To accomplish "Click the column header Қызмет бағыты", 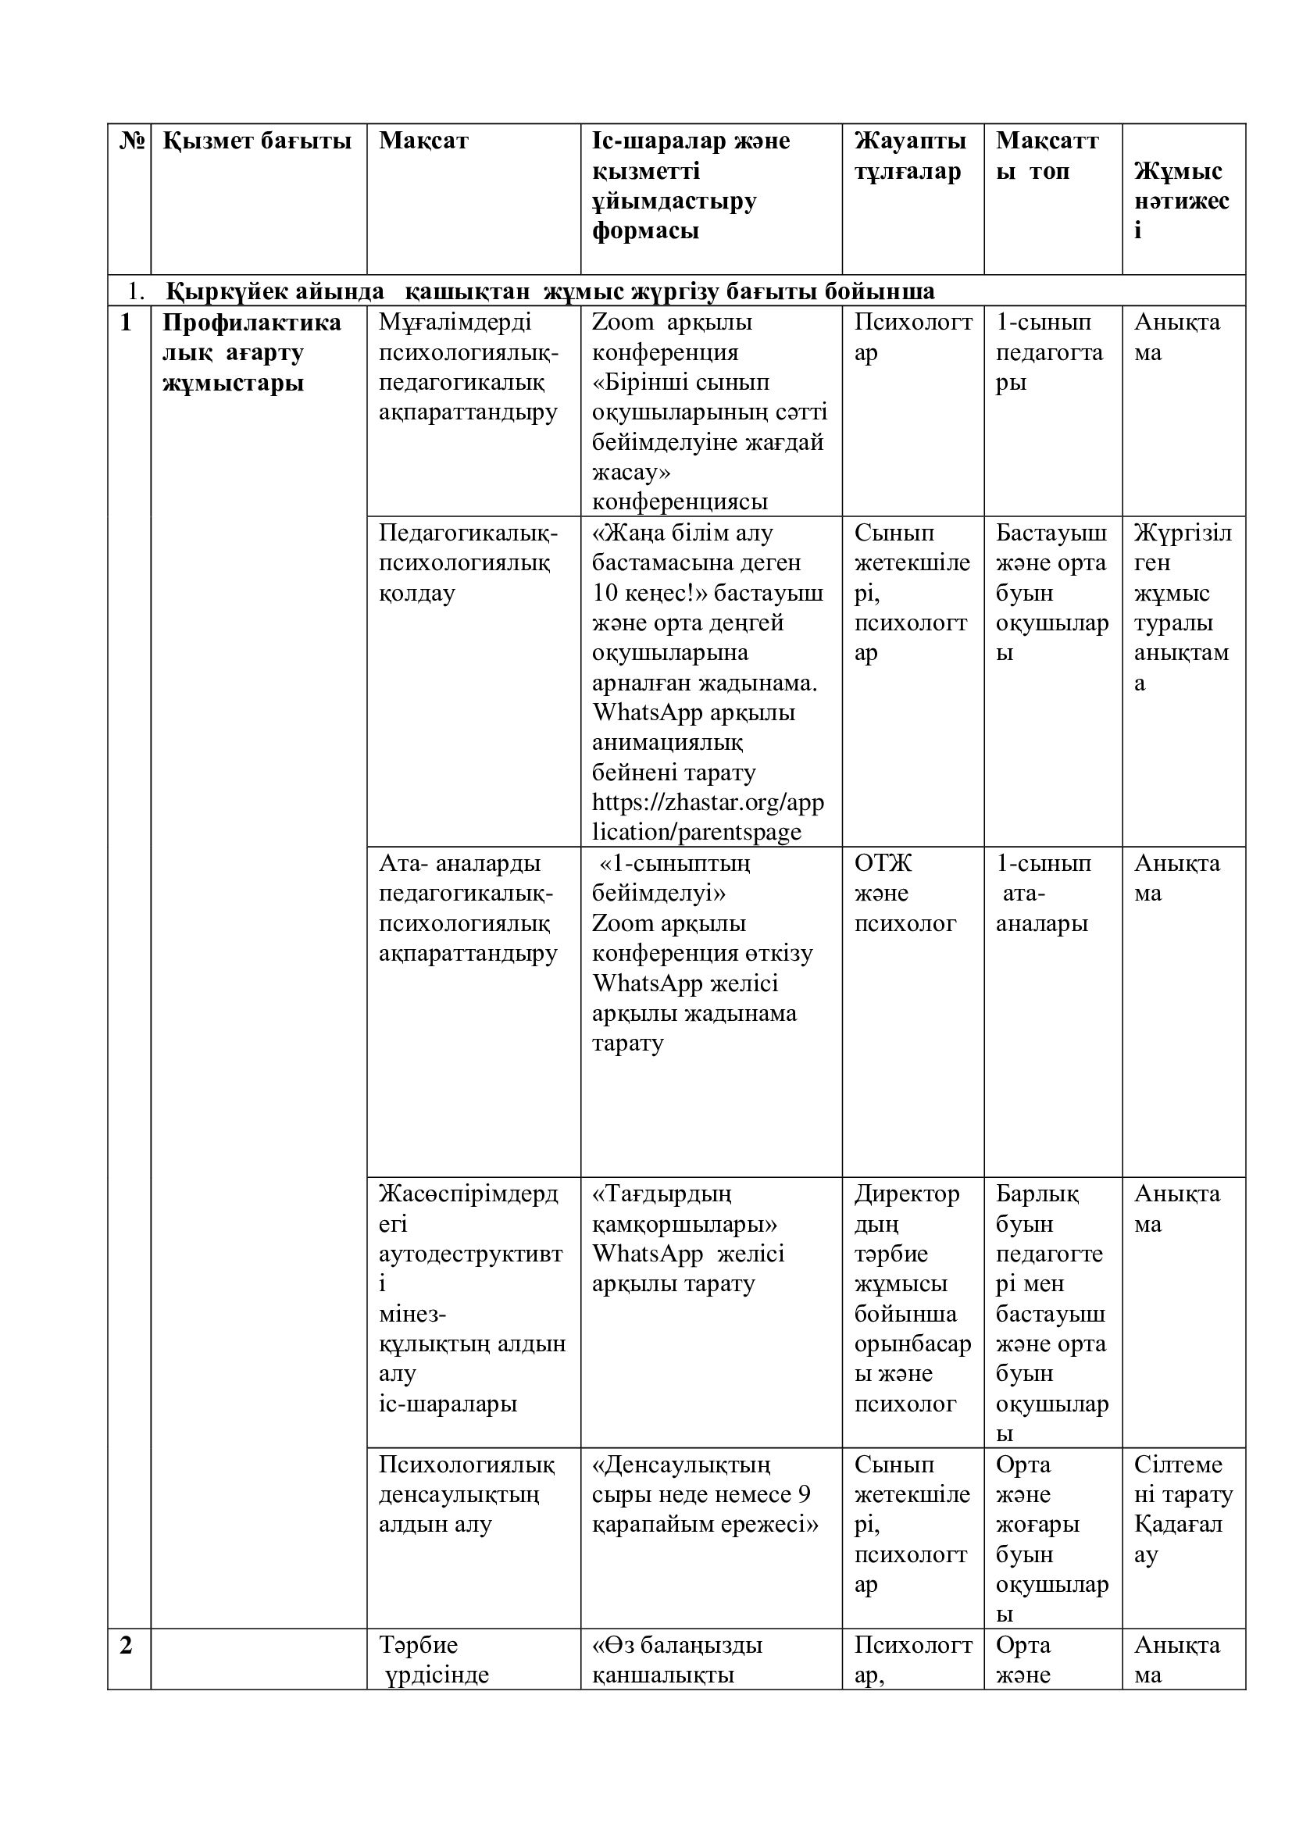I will tap(257, 141).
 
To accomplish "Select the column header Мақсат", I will tap(423, 141).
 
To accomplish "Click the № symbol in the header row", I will tap(133, 141).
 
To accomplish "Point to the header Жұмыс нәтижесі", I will tap(1180, 201).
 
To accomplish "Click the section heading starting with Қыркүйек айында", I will tap(550, 292).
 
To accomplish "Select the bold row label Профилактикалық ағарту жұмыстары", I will tap(251, 352).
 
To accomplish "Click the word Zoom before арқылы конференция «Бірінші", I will tap(621, 323).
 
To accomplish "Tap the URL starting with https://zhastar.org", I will tap(707, 817).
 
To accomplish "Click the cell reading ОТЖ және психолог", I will tap(905, 893).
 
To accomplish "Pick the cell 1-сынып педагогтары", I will tap(1048, 352).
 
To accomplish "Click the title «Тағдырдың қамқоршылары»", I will tap(684, 1208).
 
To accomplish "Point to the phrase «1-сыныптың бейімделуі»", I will tap(671, 878).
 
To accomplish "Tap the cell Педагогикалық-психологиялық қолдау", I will tap(468, 562).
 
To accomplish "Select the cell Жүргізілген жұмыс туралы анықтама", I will tap(1181, 608).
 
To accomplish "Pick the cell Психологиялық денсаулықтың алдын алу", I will tap(466, 1494).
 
